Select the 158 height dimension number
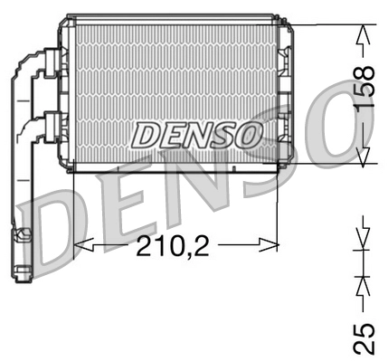[x=364, y=89]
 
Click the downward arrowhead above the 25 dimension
[x=364, y=242]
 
